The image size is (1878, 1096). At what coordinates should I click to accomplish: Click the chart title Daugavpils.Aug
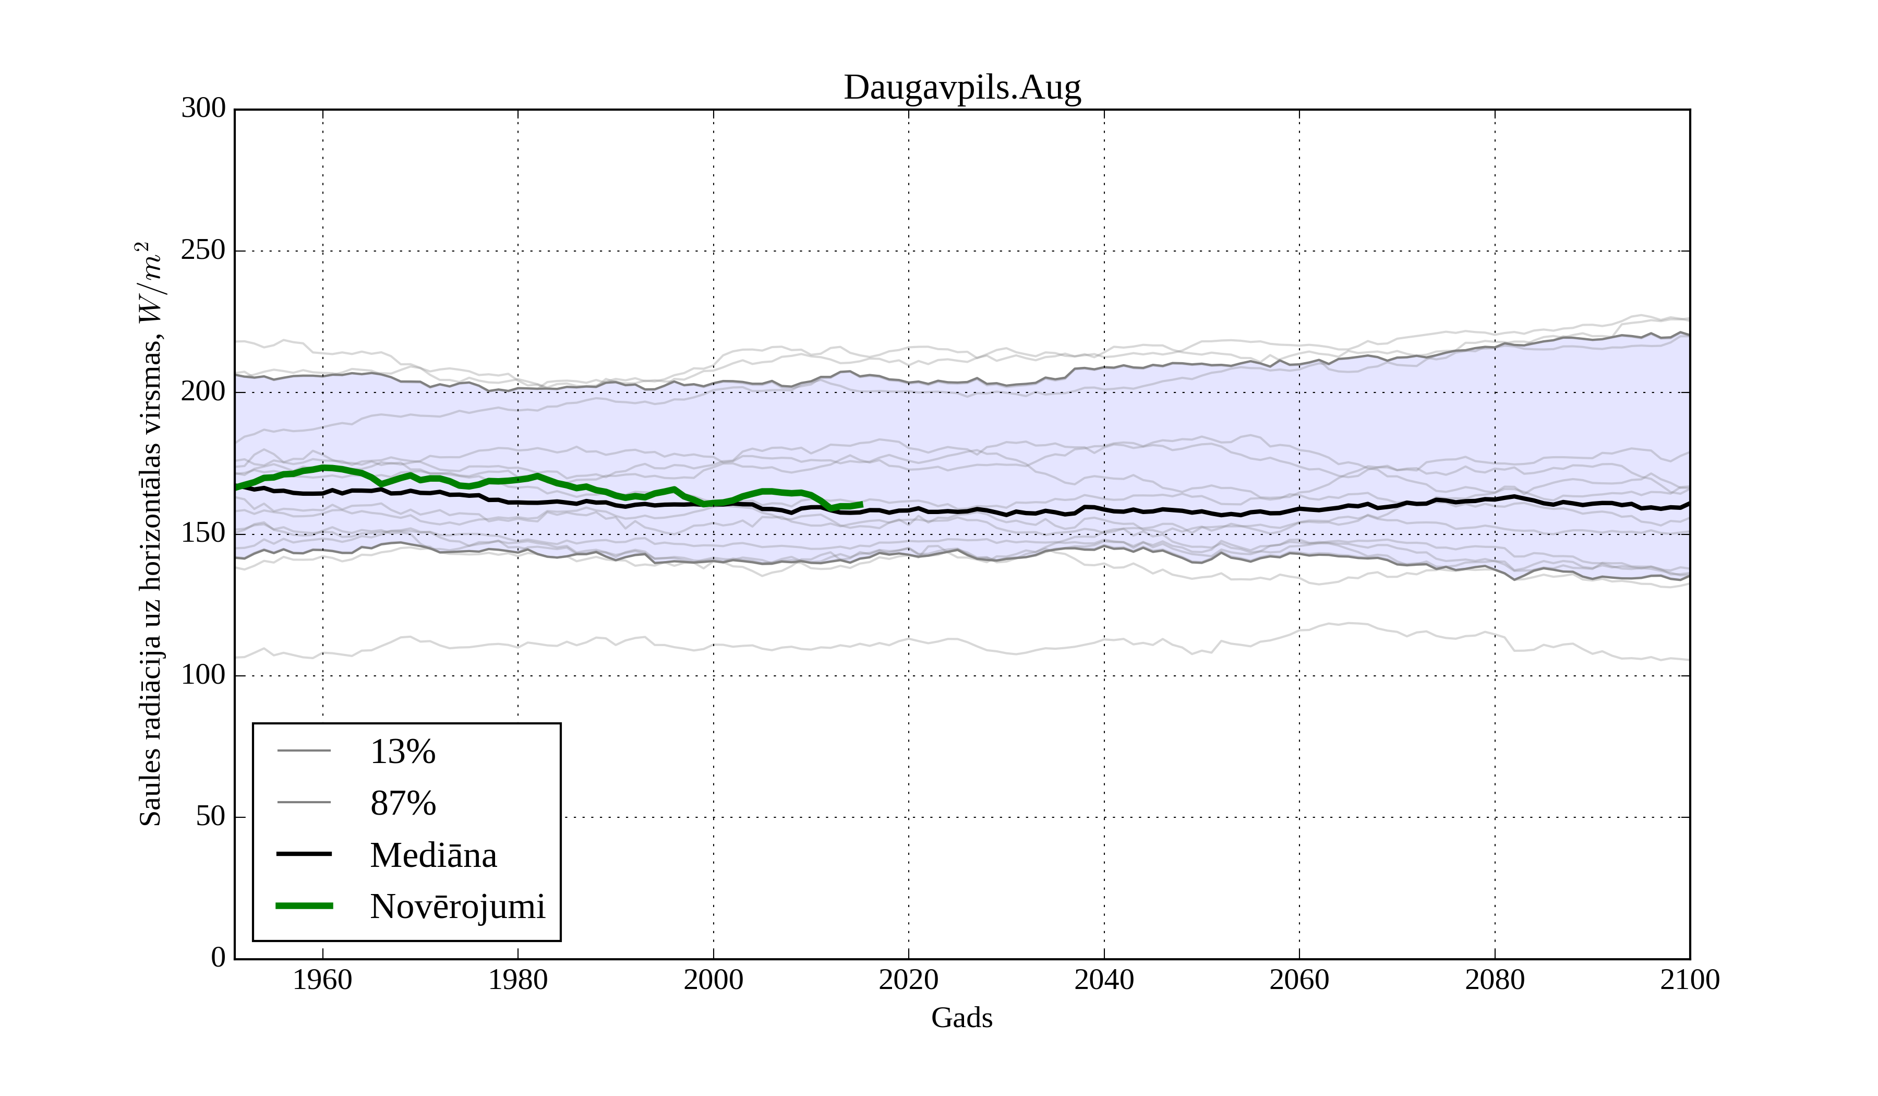(x=961, y=88)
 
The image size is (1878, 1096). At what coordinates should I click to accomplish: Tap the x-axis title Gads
(x=961, y=1018)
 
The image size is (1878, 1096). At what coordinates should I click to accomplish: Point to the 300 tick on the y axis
(x=203, y=109)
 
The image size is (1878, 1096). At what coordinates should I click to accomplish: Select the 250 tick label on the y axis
(x=203, y=251)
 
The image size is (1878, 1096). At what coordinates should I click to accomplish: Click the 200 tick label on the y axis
(x=203, y=392)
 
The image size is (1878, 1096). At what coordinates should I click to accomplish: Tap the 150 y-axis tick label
(x=203, y=534)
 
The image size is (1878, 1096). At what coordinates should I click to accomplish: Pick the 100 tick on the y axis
(x=203, y=675)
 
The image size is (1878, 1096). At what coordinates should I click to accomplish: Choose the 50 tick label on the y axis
(x=211, y=817)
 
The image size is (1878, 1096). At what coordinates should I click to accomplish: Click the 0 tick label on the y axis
(x=219, y=958)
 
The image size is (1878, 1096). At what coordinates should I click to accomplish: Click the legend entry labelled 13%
(x=402, y=752)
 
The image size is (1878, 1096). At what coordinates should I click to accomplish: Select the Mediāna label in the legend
(x=433, y=855)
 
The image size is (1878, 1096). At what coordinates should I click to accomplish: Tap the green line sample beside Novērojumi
(x=304, y=906)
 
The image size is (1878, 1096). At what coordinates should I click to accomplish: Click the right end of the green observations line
(x=861, y=505)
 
